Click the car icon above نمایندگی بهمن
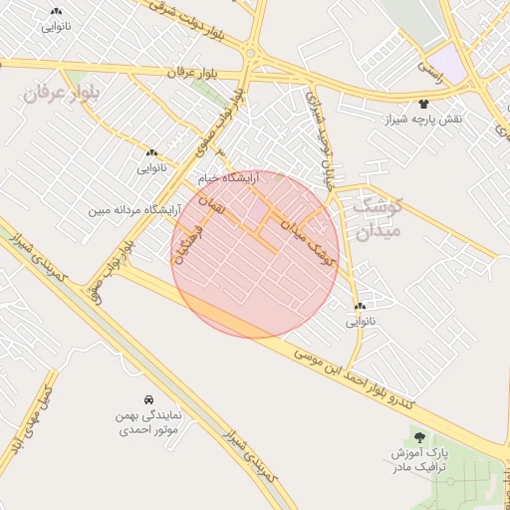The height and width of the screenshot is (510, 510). tap(148, 397)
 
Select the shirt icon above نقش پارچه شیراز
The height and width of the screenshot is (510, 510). tap(425, 103)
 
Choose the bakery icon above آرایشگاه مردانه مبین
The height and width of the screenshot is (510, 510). tap(151, 153)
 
